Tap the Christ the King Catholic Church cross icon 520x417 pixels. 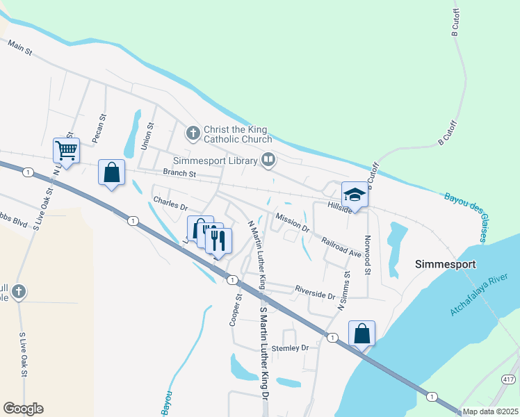[x=193, y=131]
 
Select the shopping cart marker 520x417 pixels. [x=66, y=149]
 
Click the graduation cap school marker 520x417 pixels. [x=354, y=195]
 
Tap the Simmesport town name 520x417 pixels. [x=445, y=264]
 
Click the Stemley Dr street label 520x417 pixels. [x=289, y=347]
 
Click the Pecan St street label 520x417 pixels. [x=101, y=127]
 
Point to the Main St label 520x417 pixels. [x=20, y=45]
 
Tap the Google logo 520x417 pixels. [x=23, y=409]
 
